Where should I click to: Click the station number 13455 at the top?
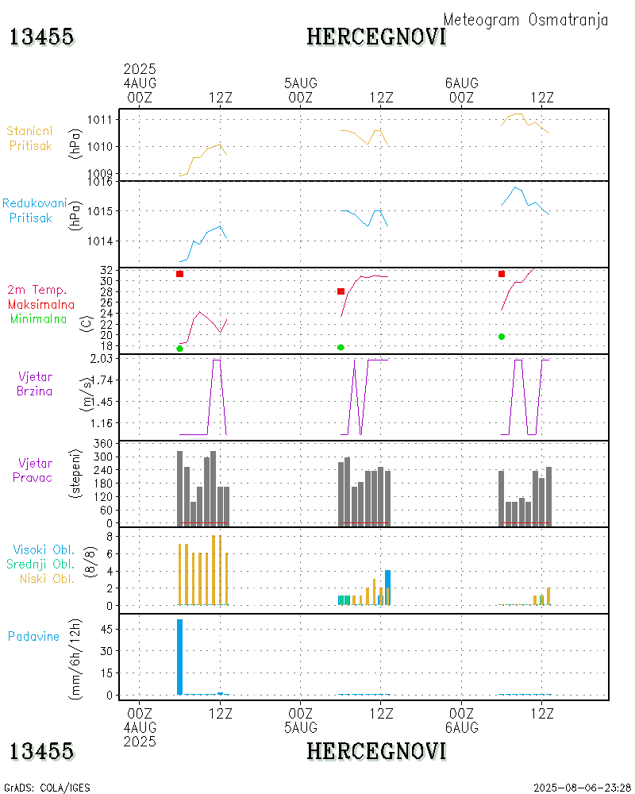tap(41, 37)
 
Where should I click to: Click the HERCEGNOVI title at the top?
tap(376, 37)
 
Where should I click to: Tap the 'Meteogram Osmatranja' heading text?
tap(525, 20)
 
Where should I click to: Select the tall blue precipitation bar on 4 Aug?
tap(180, 657)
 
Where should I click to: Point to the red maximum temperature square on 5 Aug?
tap(341, 291)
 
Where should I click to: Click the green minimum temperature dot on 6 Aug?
tap(502, 337)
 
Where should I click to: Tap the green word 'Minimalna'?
tap(39, 318)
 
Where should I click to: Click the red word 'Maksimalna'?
tap(41, 304)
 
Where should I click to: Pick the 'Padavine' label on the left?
tap(33, 636)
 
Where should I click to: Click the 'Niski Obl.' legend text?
tap(45, 578)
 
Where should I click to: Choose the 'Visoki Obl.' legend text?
tap(44, 549)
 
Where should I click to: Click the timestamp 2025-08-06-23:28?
tap(583, 788)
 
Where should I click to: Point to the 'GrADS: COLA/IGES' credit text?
tap(48, 788)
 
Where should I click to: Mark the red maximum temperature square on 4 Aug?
tap(180, 274)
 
